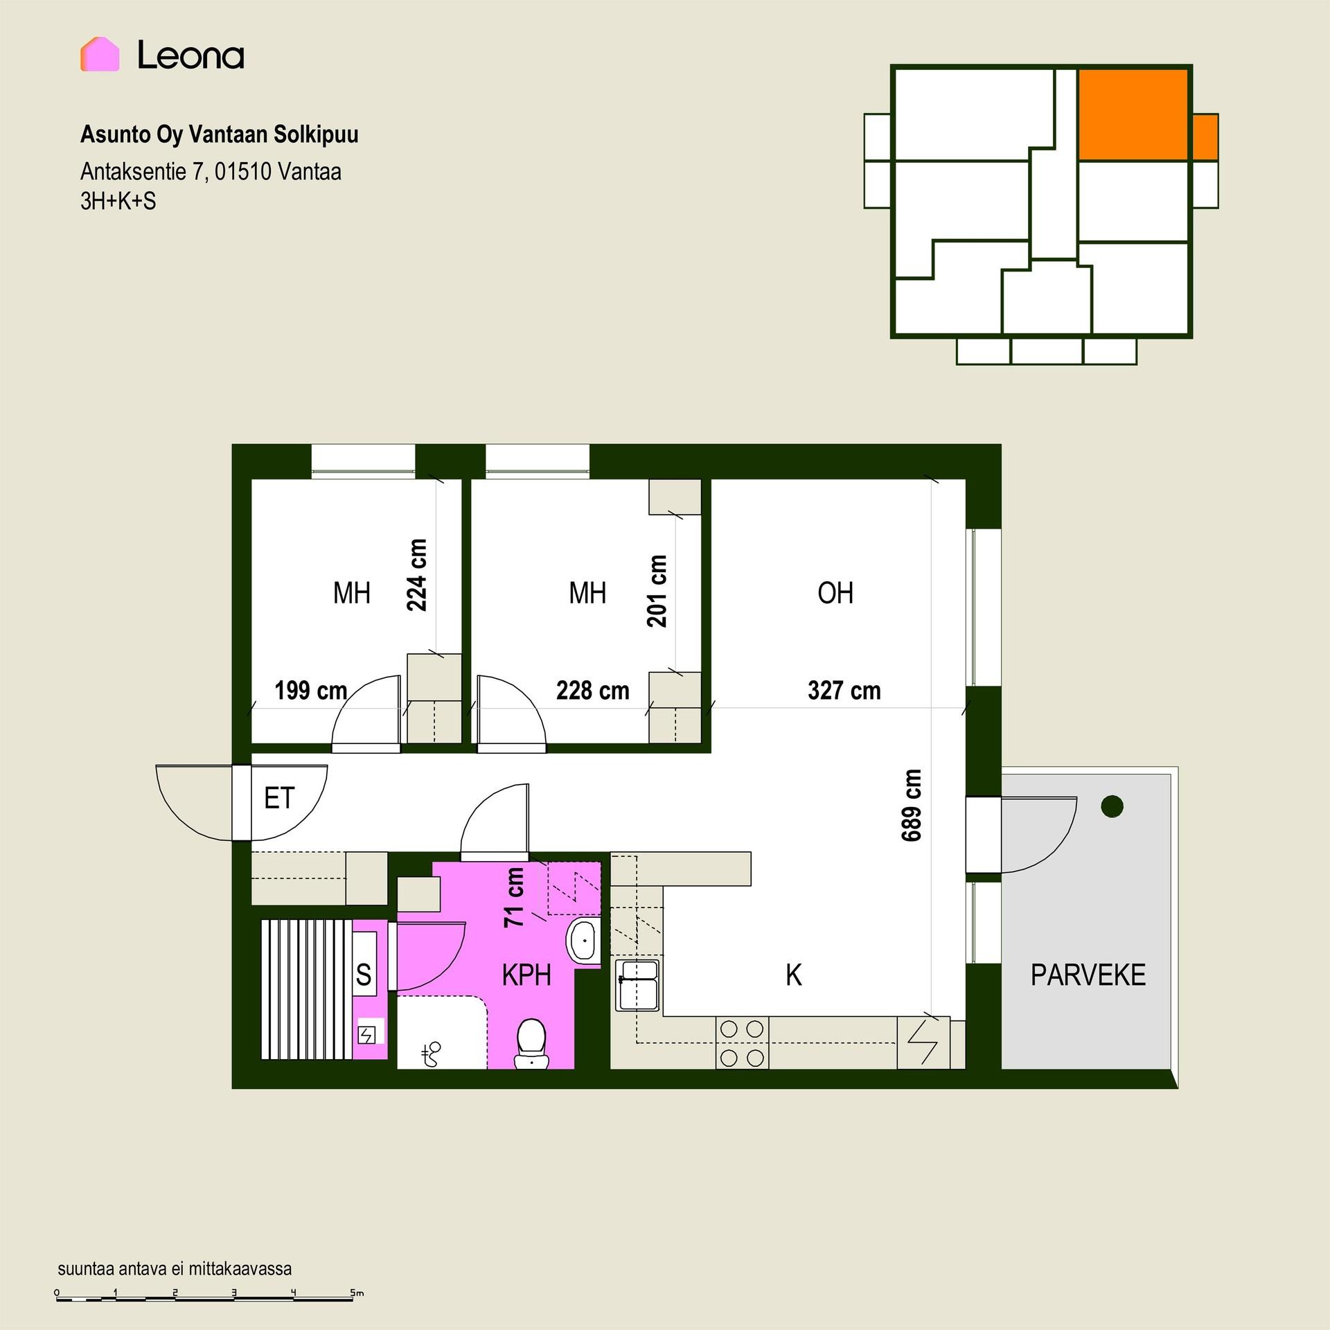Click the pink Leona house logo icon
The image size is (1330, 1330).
(x=100, y=54)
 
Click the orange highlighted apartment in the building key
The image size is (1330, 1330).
(x=1133, y=114)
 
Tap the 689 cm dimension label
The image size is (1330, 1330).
(x=912, y=805)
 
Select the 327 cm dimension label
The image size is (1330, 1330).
(x=844, y=691)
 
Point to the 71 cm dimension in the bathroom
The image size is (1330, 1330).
(x=514, y=898)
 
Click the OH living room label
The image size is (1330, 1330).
(x=835, y=593)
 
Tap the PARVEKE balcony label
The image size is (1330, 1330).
(x=1088, y=975)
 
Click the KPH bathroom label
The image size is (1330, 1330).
(x=526, y=975)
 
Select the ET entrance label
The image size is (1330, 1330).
(x=279, y=799)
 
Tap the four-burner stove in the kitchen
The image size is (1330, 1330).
(x=742, y=1043)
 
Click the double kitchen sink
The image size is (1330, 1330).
(x=638, y=985)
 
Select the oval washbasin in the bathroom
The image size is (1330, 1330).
(x=585, y=941)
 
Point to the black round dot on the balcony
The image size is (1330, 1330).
(x=1112, y=806)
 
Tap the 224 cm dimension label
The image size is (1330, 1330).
(x=416, y=575)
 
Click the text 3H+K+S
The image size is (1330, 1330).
(x=118, y=201)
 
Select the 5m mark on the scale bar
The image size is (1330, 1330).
(x=356, y=1293)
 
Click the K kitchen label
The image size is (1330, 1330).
(x=794, y=975)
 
